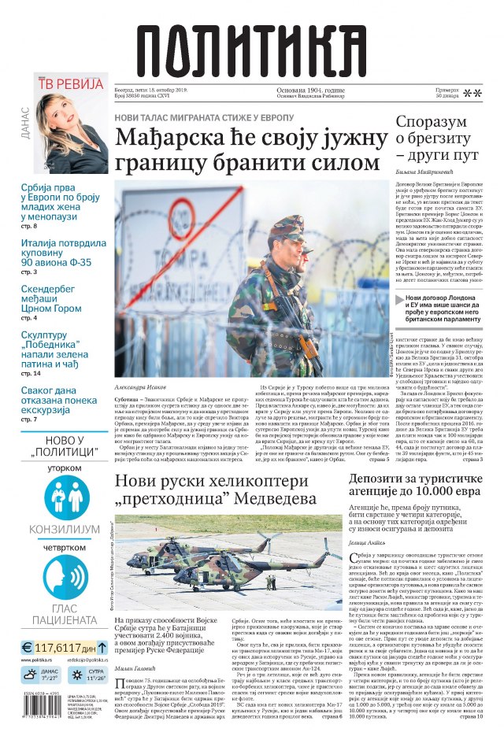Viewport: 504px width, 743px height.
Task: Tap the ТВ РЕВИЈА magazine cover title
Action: [x=72, y=83]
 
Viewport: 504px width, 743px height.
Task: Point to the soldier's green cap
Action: [x=286, y=224]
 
